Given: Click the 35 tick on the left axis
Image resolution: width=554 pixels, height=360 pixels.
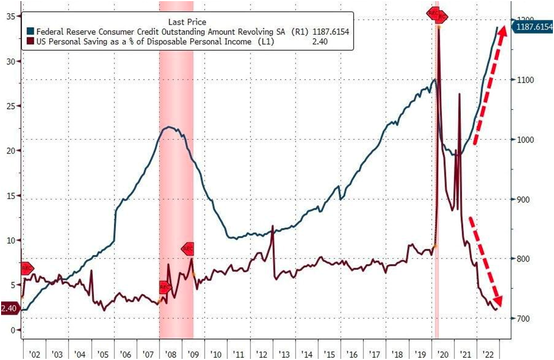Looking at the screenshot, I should [10, 16].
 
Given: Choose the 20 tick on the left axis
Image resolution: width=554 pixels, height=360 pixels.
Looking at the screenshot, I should [10, 150].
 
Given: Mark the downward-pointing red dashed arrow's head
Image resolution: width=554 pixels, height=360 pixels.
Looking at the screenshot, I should [498, 303].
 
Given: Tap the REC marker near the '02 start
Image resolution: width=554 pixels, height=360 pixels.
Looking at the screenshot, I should [27, 269].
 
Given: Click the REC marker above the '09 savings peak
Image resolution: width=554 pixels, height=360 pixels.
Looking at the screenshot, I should [188, 249].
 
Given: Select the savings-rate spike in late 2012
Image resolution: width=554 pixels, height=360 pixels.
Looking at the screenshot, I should [273, 227].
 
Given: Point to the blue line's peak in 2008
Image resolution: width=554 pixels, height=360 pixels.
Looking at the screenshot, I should [169, 127].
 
